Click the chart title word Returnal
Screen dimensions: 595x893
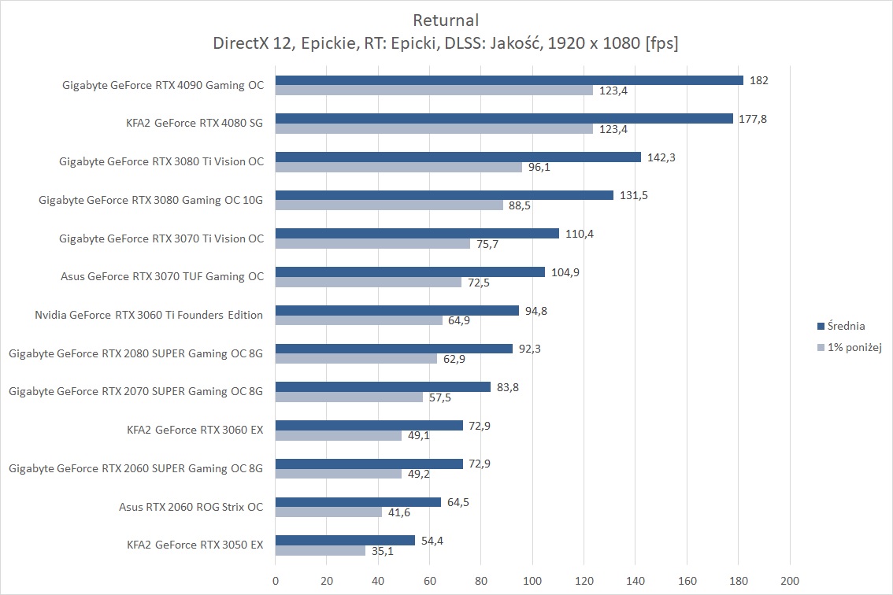(446, 20)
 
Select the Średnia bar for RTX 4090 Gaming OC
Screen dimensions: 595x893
(509, 80)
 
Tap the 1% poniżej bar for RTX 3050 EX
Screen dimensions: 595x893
(321, 551)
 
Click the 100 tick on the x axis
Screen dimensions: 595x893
(532, 581)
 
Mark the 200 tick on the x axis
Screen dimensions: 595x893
(789, 581)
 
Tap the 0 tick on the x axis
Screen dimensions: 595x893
(276, 581)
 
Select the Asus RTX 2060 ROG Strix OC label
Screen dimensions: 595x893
(191, 507)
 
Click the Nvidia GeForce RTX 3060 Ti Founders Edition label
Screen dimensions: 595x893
(149, 315)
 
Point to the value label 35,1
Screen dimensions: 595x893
(384, 552)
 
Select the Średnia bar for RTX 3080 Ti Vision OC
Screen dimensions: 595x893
(458, 157)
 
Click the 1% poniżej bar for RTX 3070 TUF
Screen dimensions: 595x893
(369, 282)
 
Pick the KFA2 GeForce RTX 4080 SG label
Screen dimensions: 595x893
(195, 123)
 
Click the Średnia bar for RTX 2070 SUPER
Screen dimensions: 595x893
(383, 387)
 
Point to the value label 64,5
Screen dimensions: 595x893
(461, 503)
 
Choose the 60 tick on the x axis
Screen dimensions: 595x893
(430, 581)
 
